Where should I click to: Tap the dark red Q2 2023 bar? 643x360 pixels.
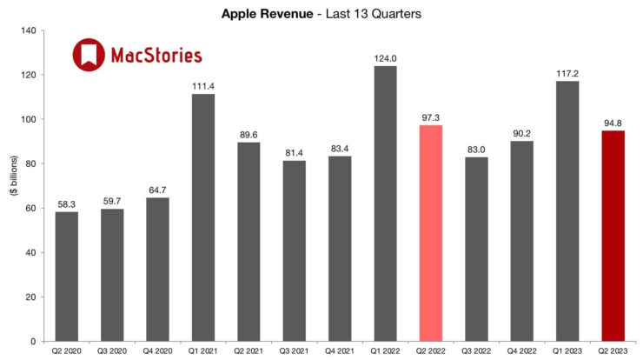[x=612, y=236]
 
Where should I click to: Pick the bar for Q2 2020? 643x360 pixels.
[x=67, y=277]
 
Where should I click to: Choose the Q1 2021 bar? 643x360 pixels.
[x=203, y=217]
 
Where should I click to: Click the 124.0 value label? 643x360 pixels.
[x=385, y=58]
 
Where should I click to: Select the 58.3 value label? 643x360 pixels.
[x=67, y=204]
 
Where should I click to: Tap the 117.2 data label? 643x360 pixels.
[x=567, y=73]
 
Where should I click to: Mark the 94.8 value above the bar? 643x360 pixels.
[x=612, y=123]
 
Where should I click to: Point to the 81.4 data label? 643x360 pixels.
[x=295, y=152]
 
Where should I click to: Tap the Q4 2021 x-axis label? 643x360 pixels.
[x=340, y=351]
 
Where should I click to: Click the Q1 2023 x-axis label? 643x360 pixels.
[x=567, y=351]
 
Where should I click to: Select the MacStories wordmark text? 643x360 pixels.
[x=156, y=56]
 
